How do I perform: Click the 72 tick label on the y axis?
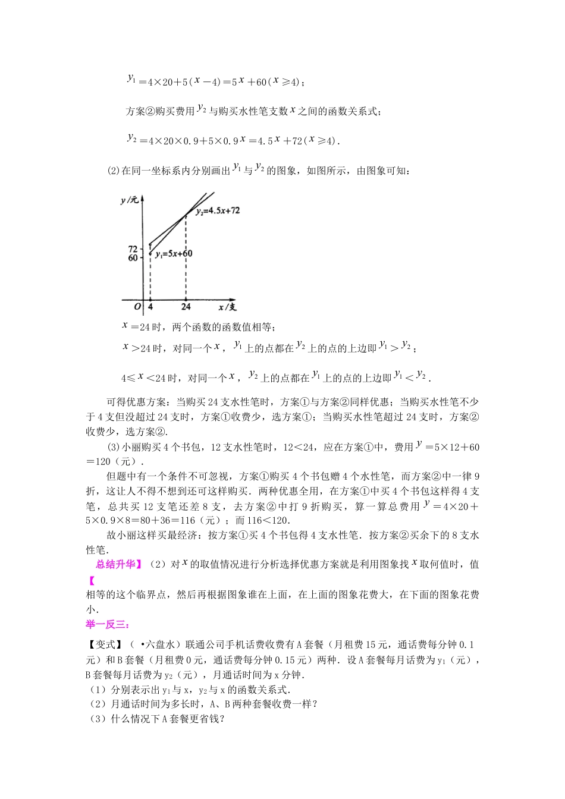[x=133, y=248]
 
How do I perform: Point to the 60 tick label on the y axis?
[x=133, y=258]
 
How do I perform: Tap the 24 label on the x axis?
[x=186, y=307]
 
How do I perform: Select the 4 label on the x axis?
[x=150, y=307]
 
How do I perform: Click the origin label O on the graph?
[x=137, y=307]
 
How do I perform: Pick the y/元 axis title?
[x=129, y=201]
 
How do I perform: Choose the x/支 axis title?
[x=227, y=307]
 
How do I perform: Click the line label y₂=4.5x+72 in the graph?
[x=218, y=210]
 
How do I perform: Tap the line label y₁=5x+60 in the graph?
[x=174, y=254]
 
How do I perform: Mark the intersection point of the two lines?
[x=186, y=214]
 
